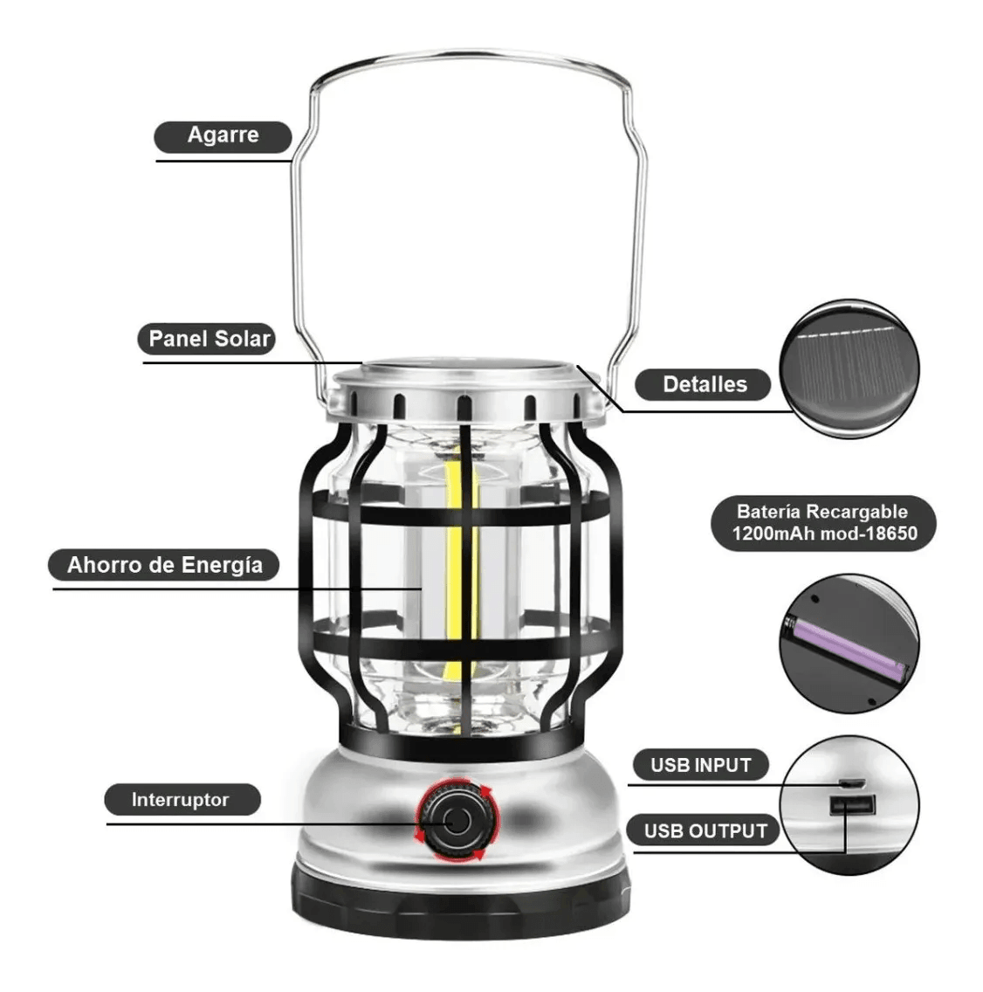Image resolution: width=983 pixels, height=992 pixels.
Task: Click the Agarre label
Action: (223, 136)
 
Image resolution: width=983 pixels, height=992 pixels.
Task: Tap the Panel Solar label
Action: (207, 339)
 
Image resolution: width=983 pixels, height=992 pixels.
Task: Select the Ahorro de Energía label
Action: (164, 565)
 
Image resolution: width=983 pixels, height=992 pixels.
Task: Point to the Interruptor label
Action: (182, 800)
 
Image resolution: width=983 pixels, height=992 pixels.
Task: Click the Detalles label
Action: (703, 384)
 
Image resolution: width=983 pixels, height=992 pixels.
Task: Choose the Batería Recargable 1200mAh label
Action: (823, 523)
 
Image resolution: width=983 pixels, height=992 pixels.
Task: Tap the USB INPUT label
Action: (700, 765)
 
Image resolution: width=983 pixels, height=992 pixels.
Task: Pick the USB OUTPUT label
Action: (704, 830)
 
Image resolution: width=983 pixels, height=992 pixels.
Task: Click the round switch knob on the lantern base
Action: (457, 821)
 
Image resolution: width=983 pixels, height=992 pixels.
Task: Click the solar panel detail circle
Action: (849, 369)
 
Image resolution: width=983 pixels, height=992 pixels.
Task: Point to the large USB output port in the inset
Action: (852, 805)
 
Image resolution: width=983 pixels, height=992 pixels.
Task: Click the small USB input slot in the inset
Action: (852, 784)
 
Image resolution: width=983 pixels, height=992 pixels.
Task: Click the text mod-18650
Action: (870, 534)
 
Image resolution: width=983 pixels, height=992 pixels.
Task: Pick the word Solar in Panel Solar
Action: (242, 339)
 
